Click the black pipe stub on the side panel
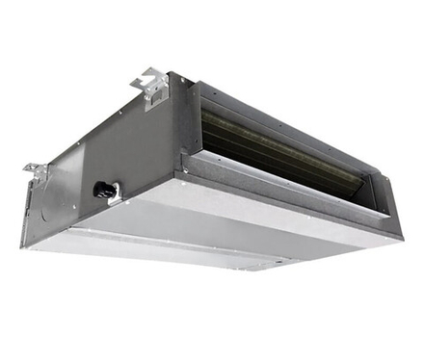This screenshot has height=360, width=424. (x=100, y=190)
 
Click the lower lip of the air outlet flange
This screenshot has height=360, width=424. (x=289, y=197)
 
